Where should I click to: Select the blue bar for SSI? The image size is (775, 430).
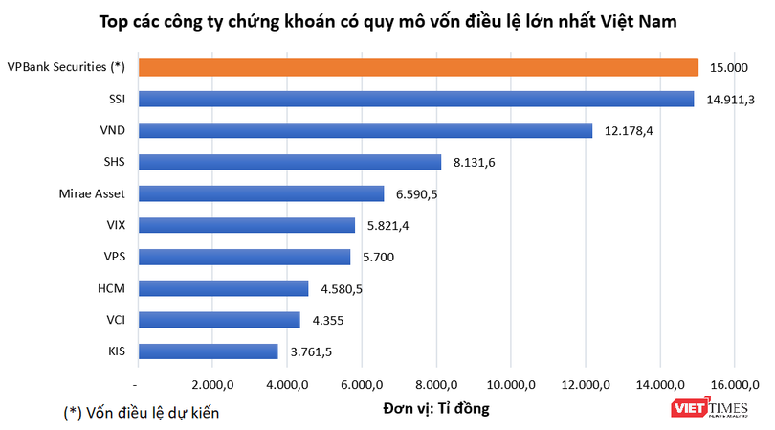(x=416, y=99)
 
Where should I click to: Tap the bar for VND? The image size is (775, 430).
(x=365, y=130)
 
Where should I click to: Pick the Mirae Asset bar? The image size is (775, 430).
(x=261, y=193)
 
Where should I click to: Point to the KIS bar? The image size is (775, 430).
(x=209, y=351)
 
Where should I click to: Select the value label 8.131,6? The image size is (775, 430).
(x=475, y=162)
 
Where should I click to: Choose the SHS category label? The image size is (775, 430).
(x=112, y=162)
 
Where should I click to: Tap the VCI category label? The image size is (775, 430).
(x=113, y=320)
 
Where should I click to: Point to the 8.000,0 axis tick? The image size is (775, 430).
(x=436, y=385)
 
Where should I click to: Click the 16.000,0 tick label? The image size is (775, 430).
(x=734, y=385)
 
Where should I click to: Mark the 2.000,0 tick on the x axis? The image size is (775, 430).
(x=213, y=385)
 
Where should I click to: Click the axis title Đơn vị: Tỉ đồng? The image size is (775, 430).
(x=436, y=409)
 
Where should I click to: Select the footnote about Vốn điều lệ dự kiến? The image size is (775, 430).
(x=141, y=413)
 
